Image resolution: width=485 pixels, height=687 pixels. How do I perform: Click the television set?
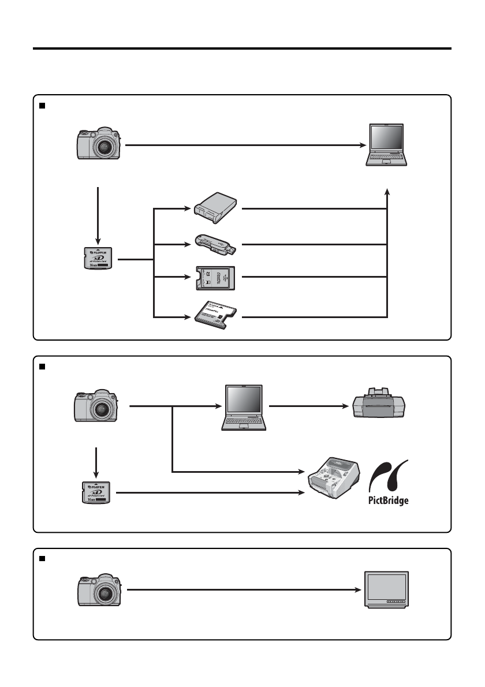pyautogui.click(x=386, y=589)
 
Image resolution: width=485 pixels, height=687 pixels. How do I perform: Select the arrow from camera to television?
pyautogui.click(x=242, y=590)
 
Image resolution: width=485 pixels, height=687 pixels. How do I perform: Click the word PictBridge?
pyautogui.click(x=388, y=500)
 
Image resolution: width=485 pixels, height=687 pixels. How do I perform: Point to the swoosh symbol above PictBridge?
pyautogui.click(x=390, y=476)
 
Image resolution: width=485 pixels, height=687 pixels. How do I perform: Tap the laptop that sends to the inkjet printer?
pyautogui.click(x=245, y=407)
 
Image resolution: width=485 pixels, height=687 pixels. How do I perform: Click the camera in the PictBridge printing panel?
pyautogui.click(x=96, y=406)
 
